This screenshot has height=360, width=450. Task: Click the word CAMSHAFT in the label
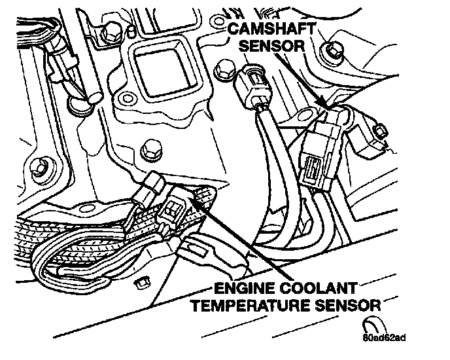[271, 29]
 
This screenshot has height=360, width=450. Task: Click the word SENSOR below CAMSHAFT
[271, 46]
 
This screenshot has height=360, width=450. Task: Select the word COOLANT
[319, 288]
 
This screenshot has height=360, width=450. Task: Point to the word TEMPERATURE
[251, 305]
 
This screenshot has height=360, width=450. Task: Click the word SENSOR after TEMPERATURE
[348, 305]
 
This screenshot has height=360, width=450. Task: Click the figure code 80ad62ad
[384, 338]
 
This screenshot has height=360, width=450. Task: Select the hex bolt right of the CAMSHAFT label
[332, 52]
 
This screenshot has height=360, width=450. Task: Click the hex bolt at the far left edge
[40, 168]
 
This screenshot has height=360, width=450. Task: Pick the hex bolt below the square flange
[151, 150]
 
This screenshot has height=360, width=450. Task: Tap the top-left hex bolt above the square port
[111, 33]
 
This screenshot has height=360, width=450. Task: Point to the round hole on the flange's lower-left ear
[126, 99]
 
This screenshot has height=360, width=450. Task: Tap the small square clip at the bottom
[143, 283]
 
